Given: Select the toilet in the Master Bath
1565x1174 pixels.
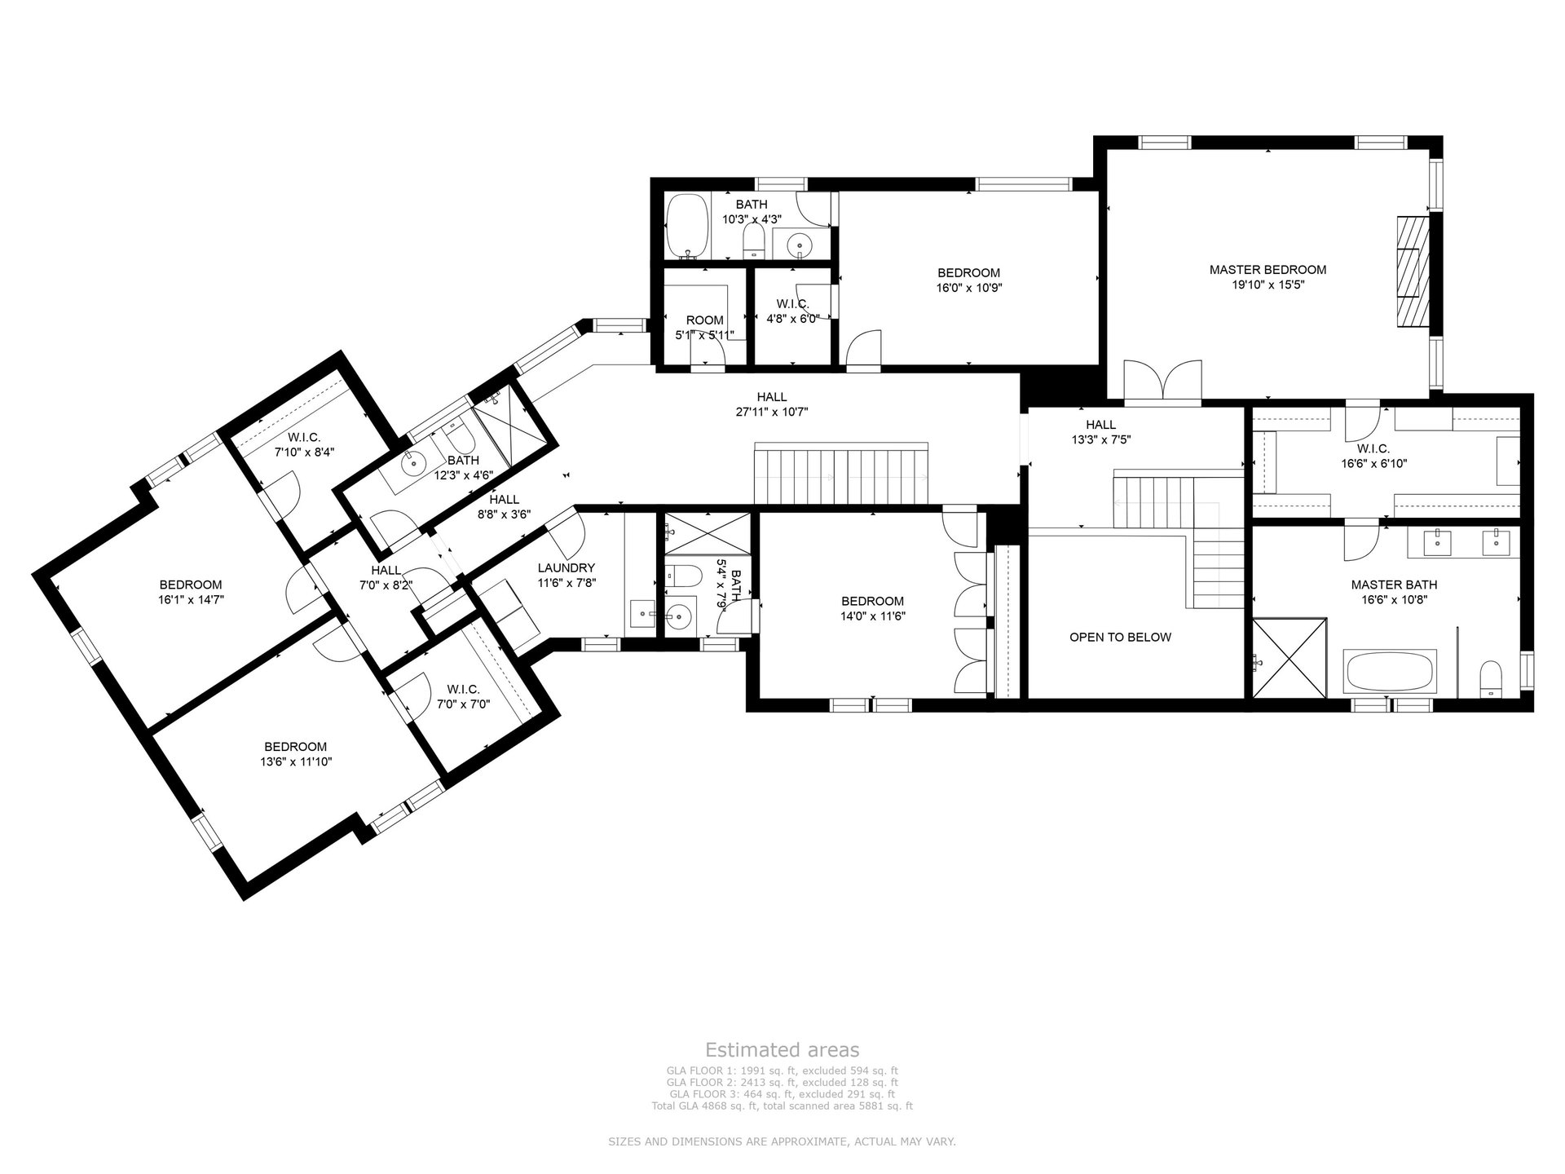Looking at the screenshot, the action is (x=1491, y=678).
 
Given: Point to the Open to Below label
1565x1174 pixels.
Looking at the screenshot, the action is (x=1120, y=637).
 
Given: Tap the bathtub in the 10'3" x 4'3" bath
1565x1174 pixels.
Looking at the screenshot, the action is (x=688, y=227).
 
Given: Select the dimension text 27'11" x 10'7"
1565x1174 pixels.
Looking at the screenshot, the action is (x=772, y=412).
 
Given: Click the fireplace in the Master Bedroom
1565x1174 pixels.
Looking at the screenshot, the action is (x=1414, y=271).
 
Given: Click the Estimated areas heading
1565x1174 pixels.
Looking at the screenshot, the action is (x=782, y=1049).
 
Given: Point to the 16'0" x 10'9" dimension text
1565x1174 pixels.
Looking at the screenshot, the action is (x=968, y=288).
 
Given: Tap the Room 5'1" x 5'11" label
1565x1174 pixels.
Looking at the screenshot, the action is (x=704, y=328).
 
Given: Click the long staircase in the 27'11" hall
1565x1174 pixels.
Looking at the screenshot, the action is (x=841, y=474).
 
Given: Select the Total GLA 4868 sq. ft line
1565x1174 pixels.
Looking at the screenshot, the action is (x=782, y=1106).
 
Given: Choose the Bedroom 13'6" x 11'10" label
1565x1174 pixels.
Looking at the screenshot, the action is (x=295, y=754).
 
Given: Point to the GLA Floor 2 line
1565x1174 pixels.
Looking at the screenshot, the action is (x=782, y=1082).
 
